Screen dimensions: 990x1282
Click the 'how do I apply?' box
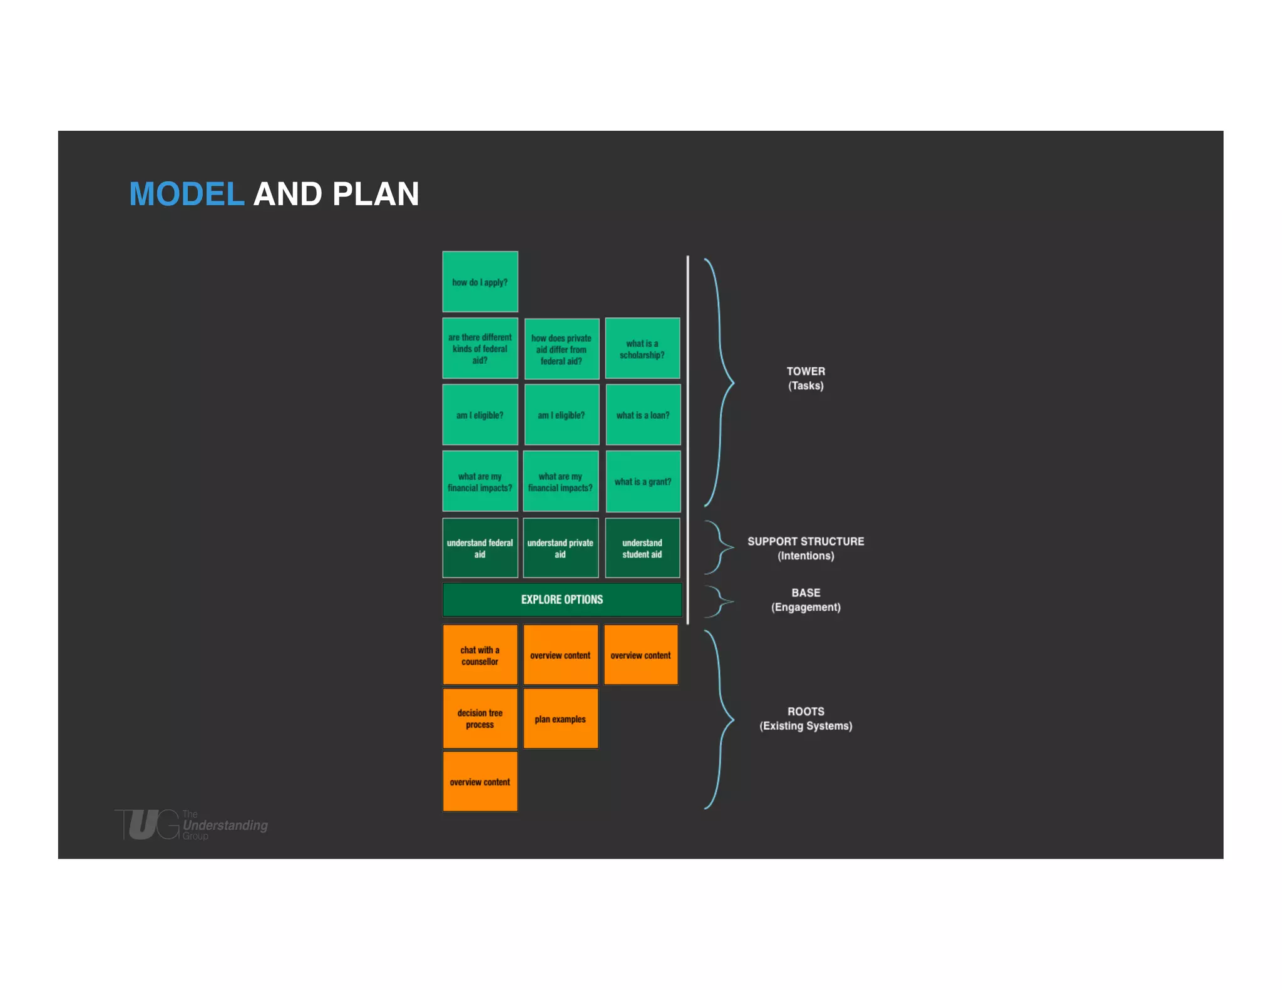(x=479, y=282)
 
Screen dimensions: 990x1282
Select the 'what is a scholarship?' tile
(x=642, y=349)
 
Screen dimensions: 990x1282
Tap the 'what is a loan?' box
(x=643, y=415)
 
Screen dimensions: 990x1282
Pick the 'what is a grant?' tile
(x=643, y=481)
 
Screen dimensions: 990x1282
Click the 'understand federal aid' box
(x=479, y=548)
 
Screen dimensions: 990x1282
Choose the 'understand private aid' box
(x=560, y=548)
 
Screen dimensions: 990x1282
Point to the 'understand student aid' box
(x=642, y=548)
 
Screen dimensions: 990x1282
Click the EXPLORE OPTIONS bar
(x=562, y=600)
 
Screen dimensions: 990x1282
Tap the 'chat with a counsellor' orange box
(x=479, y=655)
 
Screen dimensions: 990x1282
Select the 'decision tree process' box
(x=479, y=718)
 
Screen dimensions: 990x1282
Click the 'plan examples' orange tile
(x=560, y=718)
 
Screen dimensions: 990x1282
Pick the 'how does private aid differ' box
(x=561, y=349)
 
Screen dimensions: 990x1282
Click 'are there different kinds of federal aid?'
(x=479, y=349)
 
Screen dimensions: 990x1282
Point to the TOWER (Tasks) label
(x=806, y=378)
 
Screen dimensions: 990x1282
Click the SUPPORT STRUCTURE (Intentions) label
(x=806, y=548)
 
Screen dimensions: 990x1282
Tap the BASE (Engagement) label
(x=806, y=600)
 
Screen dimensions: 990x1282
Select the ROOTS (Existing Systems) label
(x=806, y=718)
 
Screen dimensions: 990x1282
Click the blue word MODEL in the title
(x=186, y=194)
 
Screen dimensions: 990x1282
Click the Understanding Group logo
(x=191, y=824)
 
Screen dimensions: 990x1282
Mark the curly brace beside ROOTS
(x=720, y=720)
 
